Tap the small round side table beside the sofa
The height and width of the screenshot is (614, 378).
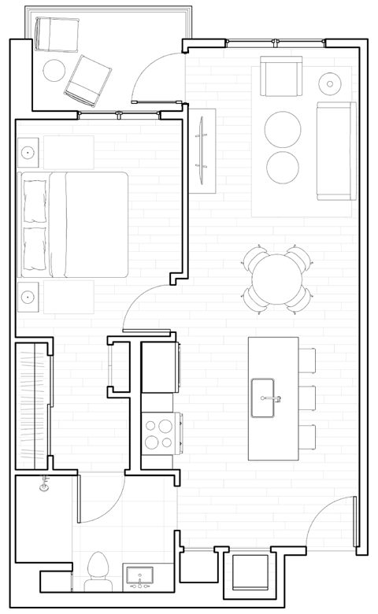pos(329,81)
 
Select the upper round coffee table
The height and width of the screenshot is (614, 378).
pos(282,128)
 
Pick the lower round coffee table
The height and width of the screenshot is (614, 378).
pos(282,166)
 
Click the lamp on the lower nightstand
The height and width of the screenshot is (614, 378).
pos(28,297)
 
